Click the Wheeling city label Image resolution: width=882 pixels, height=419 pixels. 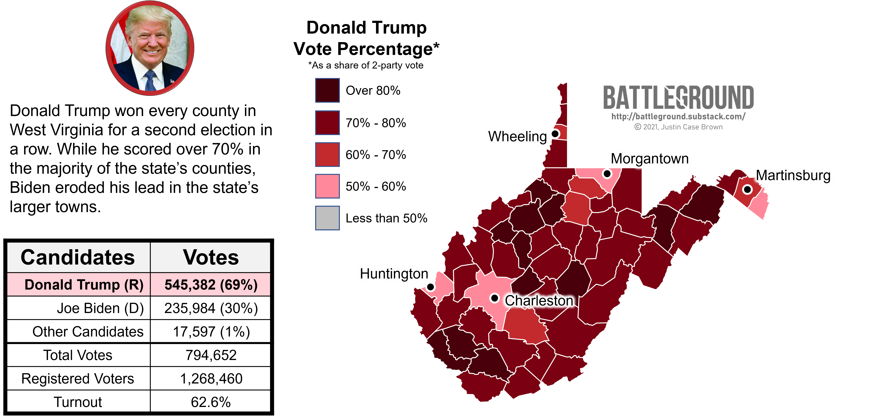click(x=517, y=136)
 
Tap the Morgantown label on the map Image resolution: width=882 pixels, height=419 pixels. click(x=650, y=159)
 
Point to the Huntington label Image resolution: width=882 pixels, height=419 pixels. click(x=394, y=274)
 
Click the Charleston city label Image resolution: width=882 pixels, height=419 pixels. click(x=539, y=301)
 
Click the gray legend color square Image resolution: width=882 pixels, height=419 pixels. click(x=327, y=218)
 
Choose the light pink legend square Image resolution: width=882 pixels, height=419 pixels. click(x=327, y=186)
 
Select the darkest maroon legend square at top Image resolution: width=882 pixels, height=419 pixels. click(x=327, y=90)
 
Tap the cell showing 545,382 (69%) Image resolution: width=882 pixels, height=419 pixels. click(x=211, y=285)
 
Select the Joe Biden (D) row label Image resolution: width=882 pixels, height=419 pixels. click(x=100, y=308)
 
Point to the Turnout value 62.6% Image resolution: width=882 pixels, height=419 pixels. click(x=211, y=402)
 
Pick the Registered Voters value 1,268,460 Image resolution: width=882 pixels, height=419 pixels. click(x=211, y=379)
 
